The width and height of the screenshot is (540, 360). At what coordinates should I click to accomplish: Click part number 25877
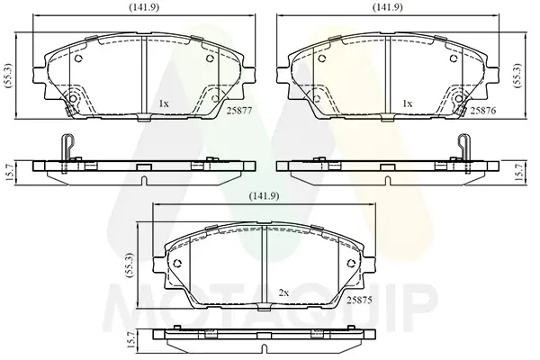tap(239, 111)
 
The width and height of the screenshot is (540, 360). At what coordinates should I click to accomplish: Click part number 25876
tap(483, 111)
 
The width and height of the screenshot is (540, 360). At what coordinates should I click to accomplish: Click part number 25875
tap(359, 301)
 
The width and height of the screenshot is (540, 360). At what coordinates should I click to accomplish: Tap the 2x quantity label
tap(283, 293)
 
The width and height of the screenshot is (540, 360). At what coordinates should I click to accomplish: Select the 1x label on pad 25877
tap(164, 103)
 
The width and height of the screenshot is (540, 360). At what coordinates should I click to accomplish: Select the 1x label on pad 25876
tap(408, 103)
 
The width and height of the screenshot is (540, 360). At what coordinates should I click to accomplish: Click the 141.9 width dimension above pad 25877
tap(144, 7)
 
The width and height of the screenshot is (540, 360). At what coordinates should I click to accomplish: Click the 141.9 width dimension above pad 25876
tap(388, 7)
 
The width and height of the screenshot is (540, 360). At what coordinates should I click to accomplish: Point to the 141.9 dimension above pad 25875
tap(264, 196)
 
